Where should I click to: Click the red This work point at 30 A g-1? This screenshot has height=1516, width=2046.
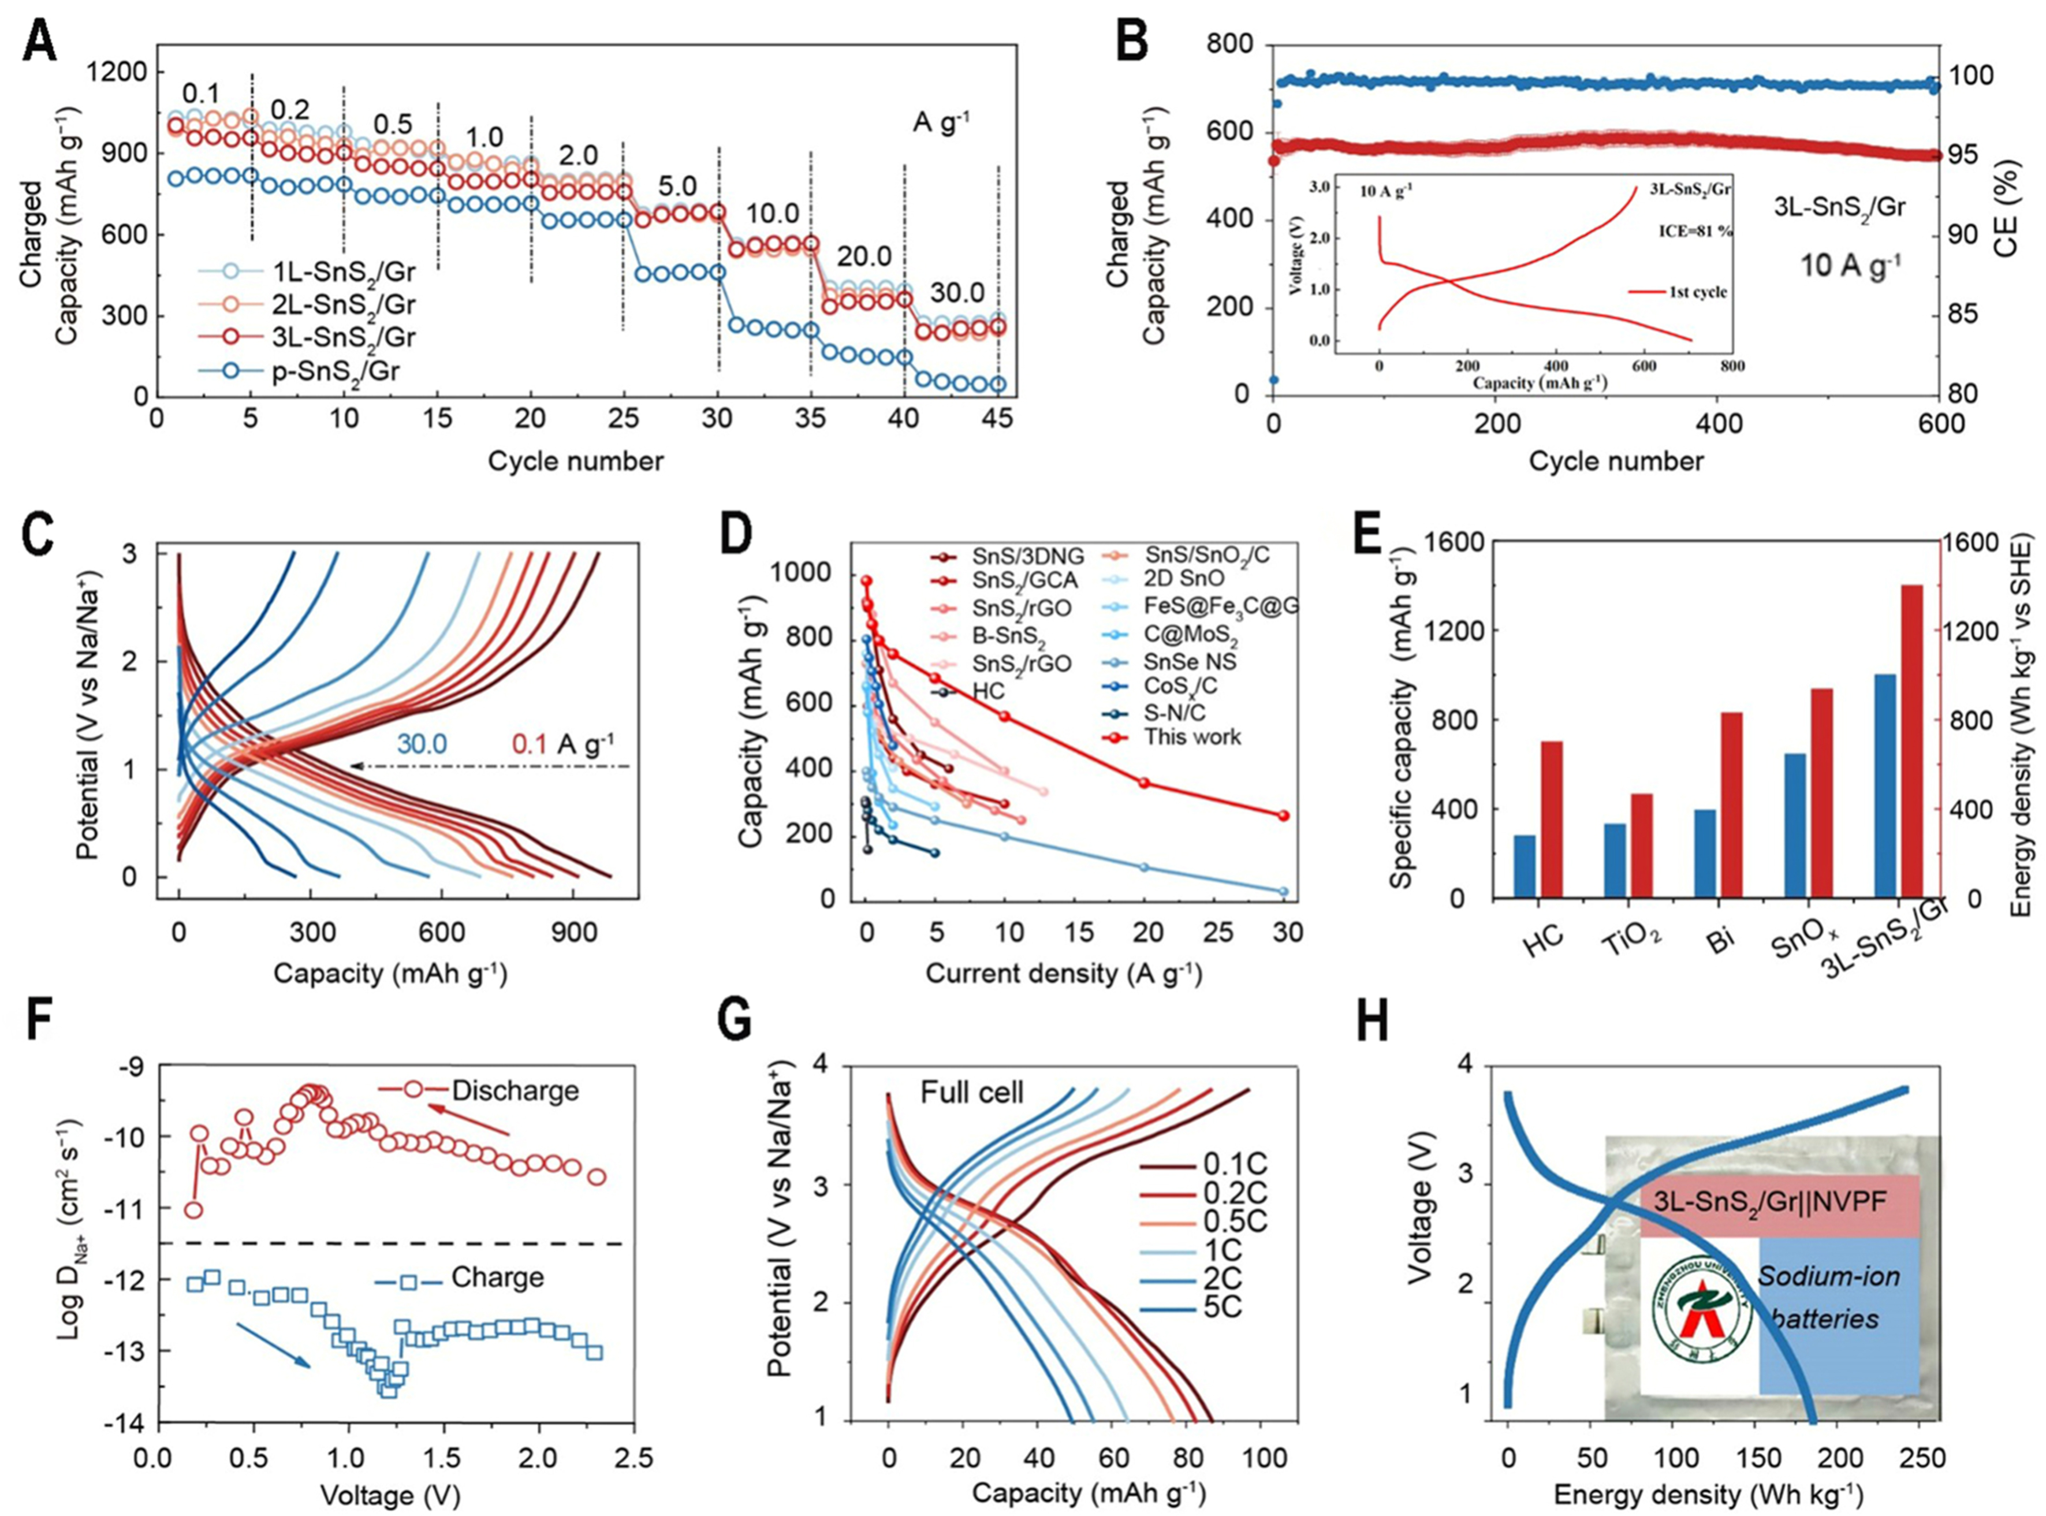[1284, 815]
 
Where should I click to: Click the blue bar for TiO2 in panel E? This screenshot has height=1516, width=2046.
[1614, 860]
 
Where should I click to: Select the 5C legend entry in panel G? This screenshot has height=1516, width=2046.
[1223, 1332]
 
